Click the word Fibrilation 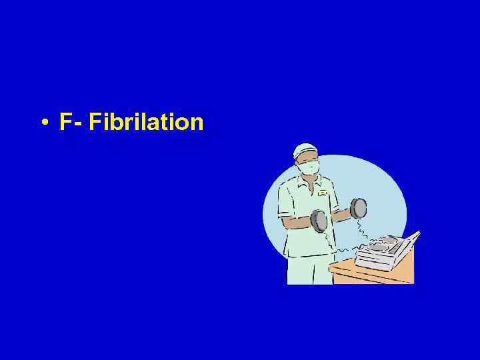click(146, 122)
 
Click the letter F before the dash click(65, 122)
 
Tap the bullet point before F click(43, 123)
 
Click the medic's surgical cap click(305, 149)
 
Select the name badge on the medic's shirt click(323, 193)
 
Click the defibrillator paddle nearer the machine click(358, 208)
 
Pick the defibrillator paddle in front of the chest click(319, 221)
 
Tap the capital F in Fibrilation click(94, 122)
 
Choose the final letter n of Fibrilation click(197, 124)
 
